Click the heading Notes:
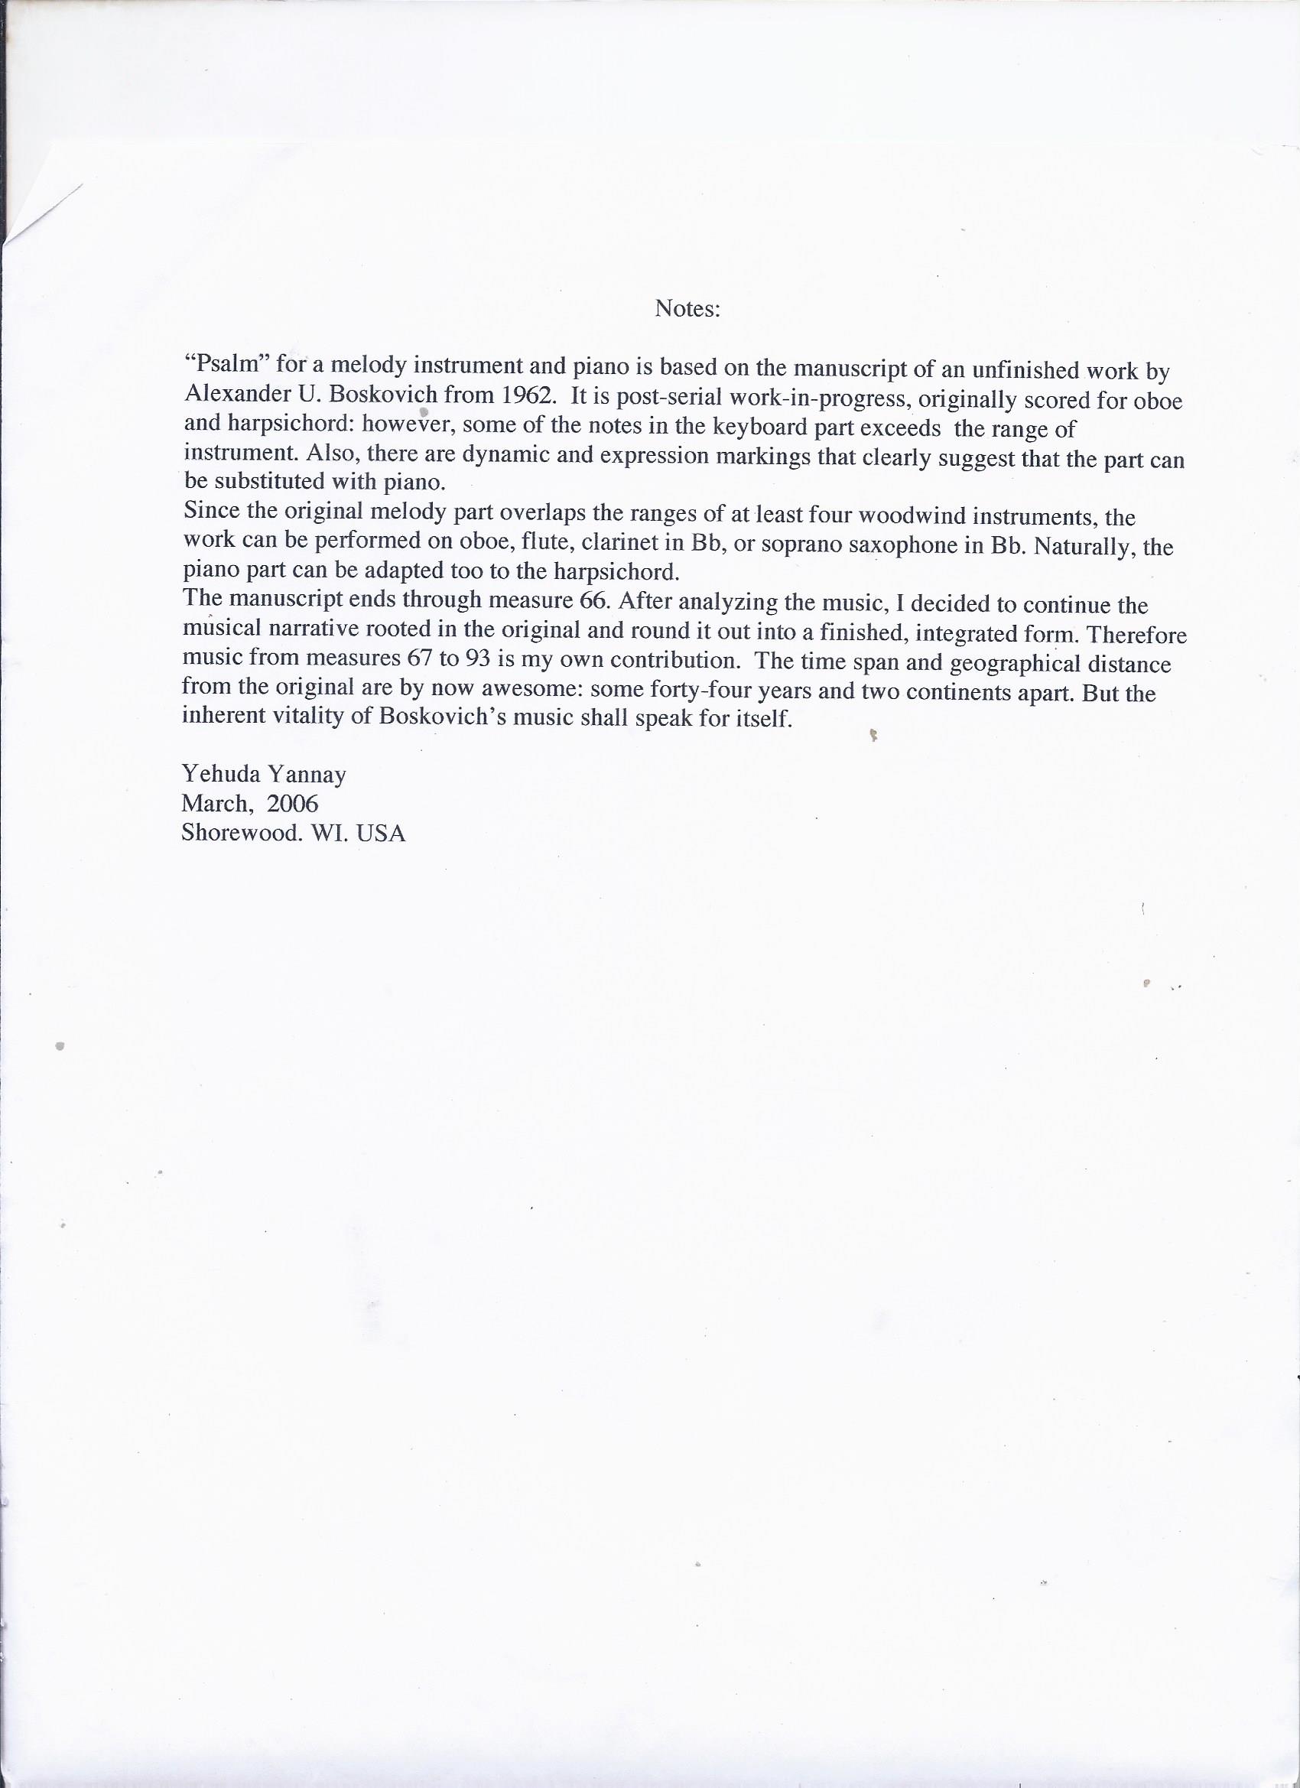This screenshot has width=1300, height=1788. pyautogui.click(x=687, y=308)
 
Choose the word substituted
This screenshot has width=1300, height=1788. pyautogui.click(x=262, y=481)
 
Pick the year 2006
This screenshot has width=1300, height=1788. pyautogui.click(x=291, y=802)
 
